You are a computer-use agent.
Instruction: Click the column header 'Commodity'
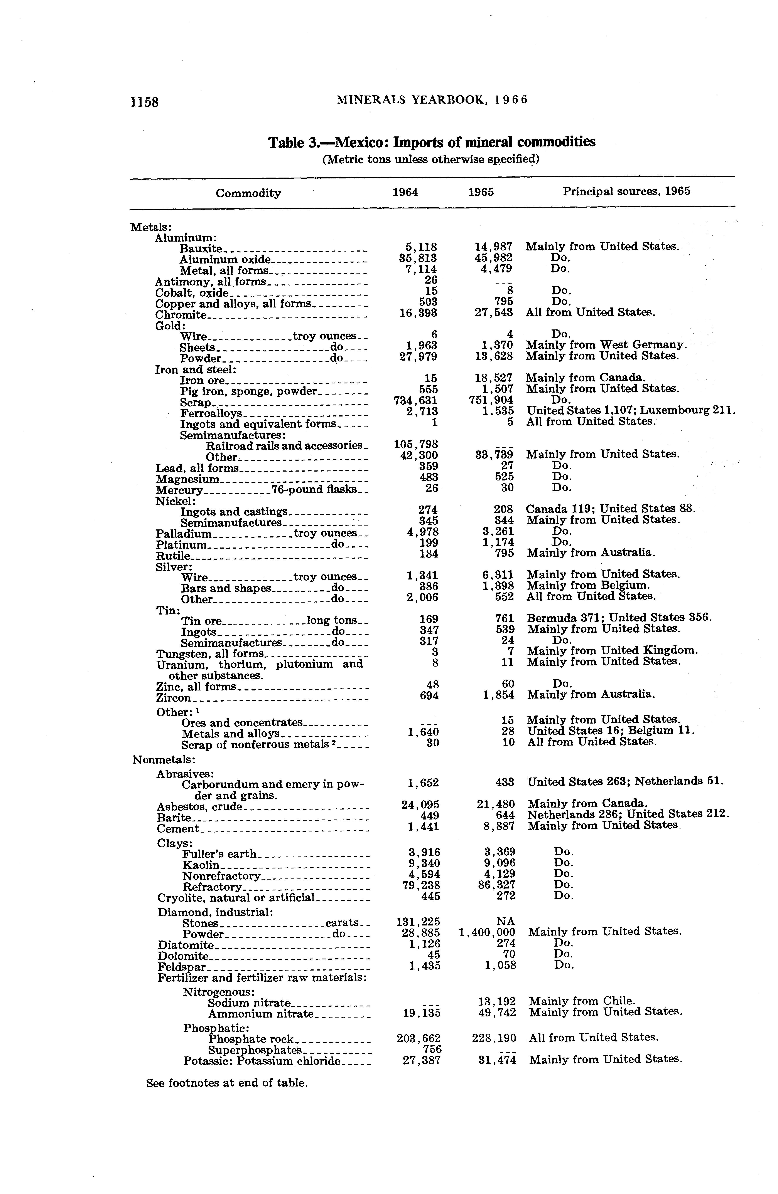pyautogui.click(x=248, y=193)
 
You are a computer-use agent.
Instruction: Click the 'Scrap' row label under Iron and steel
pyautogui.click(x=196, y=402)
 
